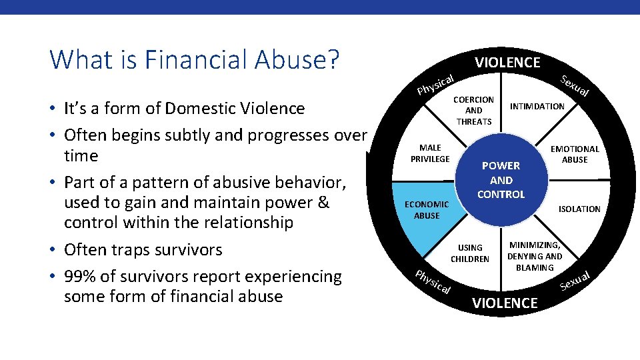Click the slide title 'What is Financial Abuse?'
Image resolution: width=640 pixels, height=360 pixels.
(x=195, y=59)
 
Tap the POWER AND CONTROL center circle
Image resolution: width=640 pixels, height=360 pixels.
(x=501, y=180)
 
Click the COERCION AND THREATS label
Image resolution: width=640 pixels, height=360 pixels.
(x=473, y=111)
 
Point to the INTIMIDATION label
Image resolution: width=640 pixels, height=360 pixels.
(x=537, y=106)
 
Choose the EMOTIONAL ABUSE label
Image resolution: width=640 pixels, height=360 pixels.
(x=575, y=154)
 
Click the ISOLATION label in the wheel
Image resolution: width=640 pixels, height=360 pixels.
(x=579, y=209)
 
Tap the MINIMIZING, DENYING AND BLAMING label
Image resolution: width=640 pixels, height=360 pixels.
(x=535, y=256)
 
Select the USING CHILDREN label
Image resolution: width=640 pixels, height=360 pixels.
(x=470, y=253)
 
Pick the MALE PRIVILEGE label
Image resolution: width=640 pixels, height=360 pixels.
(x=430, y=153)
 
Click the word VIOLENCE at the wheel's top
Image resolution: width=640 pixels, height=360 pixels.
(x=507, y=63)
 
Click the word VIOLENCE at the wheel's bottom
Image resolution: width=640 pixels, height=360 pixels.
(x=505, y=303)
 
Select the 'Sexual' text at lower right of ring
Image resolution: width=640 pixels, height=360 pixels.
(x=575, y=281)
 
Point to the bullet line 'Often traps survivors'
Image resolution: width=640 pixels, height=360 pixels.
(x=143, y=250)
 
